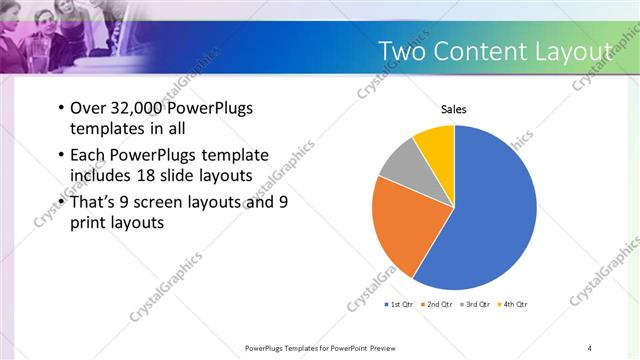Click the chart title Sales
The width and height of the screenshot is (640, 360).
(454, 109)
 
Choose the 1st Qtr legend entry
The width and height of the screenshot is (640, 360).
(399, 303)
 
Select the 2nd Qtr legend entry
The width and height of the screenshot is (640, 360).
(438, 303)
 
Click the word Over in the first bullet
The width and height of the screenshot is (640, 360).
(87, 109)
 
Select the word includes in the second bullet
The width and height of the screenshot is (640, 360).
(102, 177)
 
